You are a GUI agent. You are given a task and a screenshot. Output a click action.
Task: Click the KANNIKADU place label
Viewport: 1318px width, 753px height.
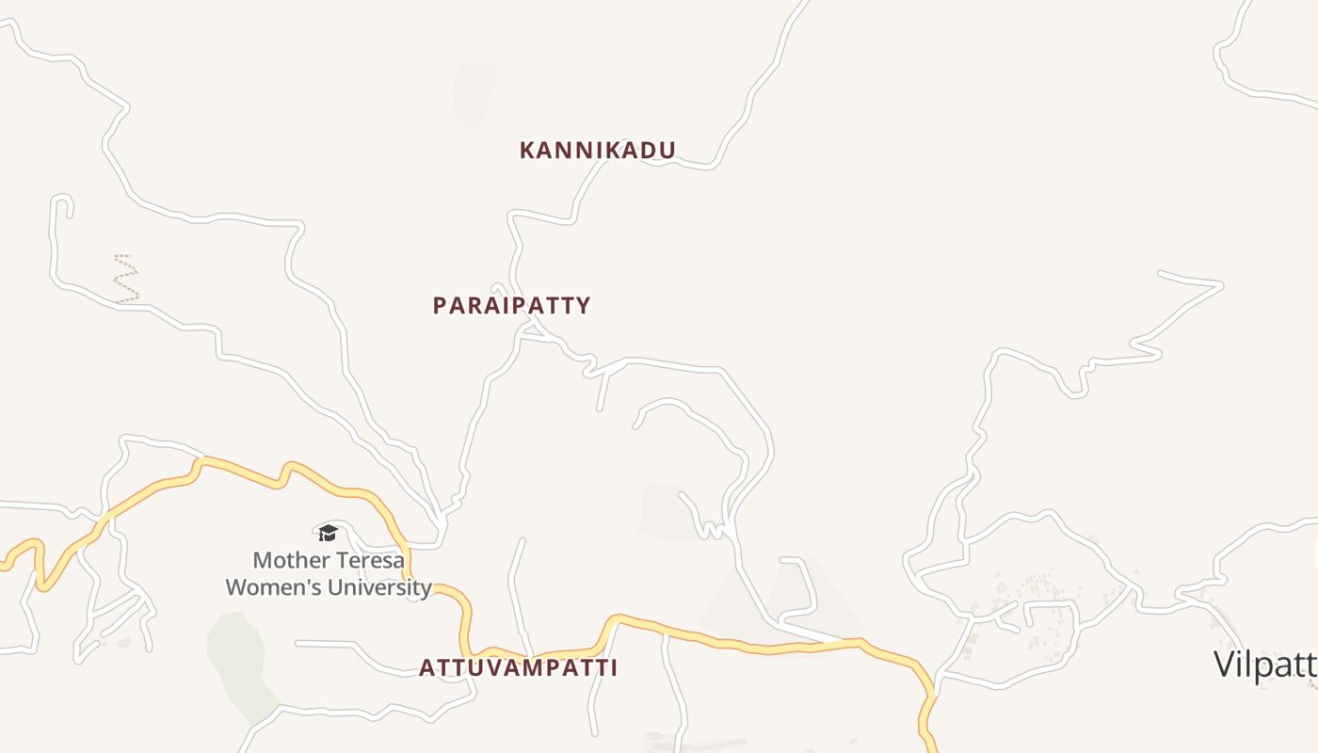(598, 150)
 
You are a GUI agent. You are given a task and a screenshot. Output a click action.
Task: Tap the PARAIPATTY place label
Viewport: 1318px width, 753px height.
(511, 305)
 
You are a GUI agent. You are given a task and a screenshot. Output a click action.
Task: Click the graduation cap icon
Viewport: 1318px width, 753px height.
(328, 533)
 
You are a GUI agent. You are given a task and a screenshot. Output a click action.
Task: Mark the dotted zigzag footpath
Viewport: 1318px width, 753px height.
(125, 278)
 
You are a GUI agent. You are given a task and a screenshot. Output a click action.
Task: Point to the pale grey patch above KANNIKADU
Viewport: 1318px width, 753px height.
(474, 94)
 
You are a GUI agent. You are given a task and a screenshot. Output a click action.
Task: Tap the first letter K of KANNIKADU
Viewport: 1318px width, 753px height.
(527, 150)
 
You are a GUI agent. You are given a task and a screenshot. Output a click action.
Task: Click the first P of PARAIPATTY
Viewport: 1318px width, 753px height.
(440, 305)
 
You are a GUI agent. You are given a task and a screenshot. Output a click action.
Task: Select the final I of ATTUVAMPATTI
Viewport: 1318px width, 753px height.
(613, 667)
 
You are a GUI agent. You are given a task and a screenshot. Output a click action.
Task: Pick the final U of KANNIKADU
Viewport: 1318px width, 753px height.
(667, 150)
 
